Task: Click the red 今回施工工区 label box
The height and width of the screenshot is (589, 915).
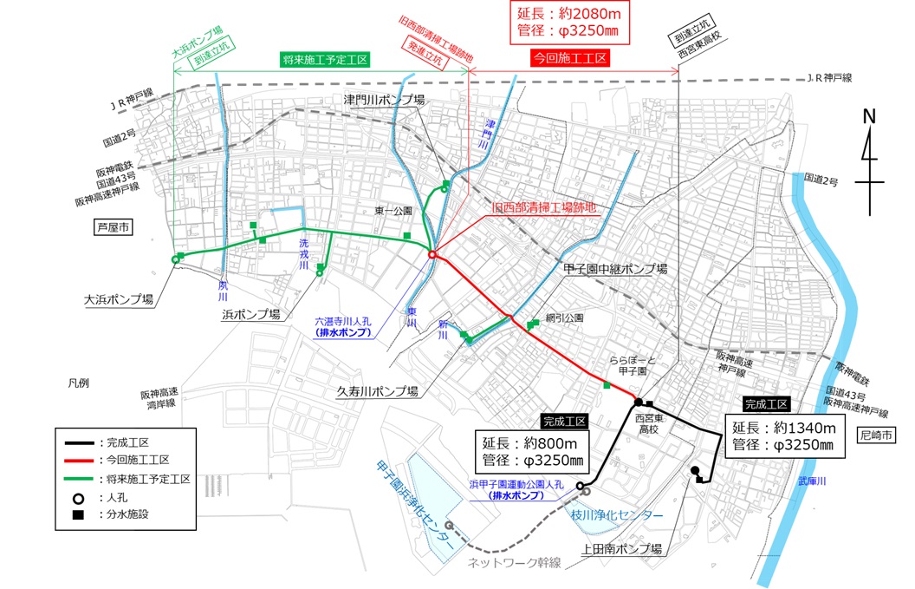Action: tap(568, 58)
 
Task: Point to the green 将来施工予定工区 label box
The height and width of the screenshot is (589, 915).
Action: tap(326, 60)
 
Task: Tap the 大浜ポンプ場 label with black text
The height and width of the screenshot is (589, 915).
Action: tap(119, 299)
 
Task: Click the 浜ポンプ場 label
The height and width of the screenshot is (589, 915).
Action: tap(250, 314)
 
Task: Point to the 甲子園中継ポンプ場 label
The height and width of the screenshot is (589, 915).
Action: tap(615, 270)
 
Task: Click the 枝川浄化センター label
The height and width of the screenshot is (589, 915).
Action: tap(617, 515)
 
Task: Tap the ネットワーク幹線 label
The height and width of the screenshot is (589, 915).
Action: tap(515, 563)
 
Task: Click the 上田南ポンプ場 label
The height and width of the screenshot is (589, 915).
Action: tap(623, 549)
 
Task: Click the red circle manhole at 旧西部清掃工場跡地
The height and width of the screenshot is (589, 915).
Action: tap(432, 255)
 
